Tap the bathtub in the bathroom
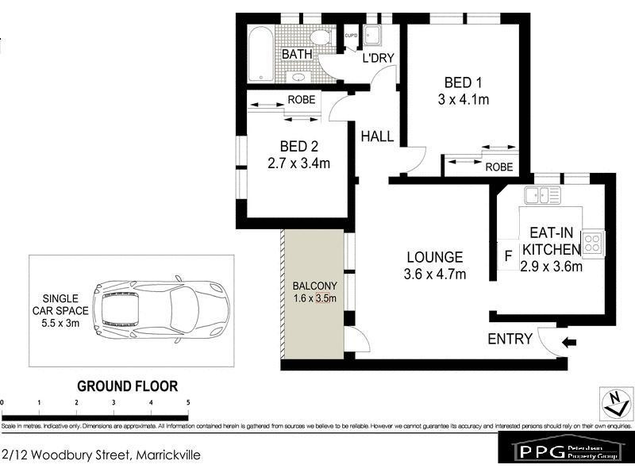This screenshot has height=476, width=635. [x=260, y=54]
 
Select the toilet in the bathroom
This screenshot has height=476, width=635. [x=321, y=36]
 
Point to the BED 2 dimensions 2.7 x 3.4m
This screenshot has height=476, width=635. [x=300, y=163]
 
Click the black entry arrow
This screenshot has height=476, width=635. [x=571, y=343]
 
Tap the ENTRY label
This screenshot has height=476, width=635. [x=510, y=339]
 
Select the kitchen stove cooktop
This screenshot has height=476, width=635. [x=593, y=244]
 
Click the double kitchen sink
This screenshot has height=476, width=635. [x=543, y=194]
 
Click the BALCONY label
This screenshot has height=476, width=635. [x=315, y=286]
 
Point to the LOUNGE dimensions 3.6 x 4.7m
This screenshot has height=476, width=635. [x=434, y=274]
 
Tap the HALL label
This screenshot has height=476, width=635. [x=377, y=136]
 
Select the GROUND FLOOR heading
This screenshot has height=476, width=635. [x=127, y=386]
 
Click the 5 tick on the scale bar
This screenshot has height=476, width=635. [x=188, y=403]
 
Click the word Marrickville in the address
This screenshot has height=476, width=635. [x=167, y=455]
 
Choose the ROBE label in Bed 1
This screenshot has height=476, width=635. [x=498, y=167]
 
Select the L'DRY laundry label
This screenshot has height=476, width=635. [x=378, y=59]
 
